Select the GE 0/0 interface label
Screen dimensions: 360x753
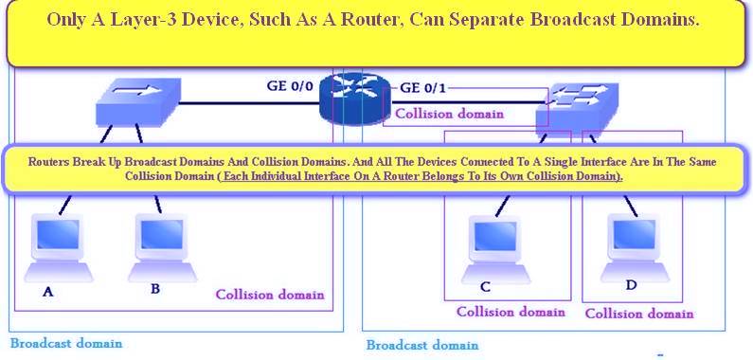click(x=290, y=87)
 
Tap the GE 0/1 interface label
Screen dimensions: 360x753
click(x=422, y=88)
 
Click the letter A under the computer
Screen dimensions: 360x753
click(x=47, y=292)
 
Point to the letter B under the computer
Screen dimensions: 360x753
click(x=154, y=288)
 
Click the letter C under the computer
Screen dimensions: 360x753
click(x=485, y=288)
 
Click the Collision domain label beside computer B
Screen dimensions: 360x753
click(x=270, y=295)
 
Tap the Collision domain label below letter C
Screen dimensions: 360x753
click(x=511, y=312)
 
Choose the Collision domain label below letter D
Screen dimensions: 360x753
click(x=638, y=314)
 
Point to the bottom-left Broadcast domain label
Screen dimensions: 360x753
click(x=66, y=343)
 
